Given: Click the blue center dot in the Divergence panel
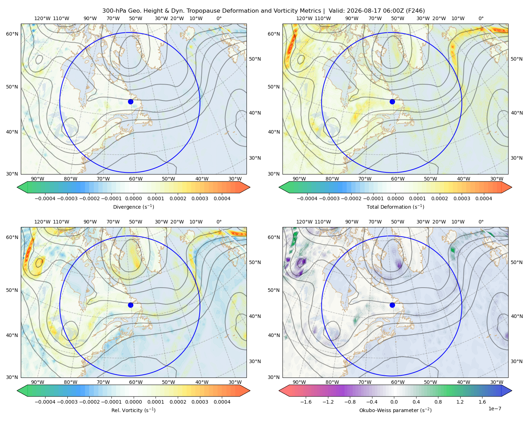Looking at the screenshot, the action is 130,102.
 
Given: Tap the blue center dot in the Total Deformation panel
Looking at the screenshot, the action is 392,102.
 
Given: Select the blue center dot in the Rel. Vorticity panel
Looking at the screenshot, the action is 130,305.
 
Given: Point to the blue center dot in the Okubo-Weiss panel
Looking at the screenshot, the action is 392,305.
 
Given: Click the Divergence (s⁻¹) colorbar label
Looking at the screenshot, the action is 133,207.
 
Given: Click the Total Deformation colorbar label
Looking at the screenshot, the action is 395,207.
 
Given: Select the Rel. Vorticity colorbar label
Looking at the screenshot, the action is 133,410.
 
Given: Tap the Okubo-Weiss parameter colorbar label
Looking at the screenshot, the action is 395,410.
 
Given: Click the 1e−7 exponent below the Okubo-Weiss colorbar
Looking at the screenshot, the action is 494,409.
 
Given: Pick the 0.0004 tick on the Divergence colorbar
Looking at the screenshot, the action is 222,198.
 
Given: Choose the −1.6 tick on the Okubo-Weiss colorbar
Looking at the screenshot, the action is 306,402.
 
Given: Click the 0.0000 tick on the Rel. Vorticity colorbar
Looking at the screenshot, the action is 133,402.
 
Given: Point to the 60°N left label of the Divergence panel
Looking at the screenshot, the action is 12,34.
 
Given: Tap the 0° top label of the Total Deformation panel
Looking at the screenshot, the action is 481,18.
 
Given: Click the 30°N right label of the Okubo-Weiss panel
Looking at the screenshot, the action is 516,361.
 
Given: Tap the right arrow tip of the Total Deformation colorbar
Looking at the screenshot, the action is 512,187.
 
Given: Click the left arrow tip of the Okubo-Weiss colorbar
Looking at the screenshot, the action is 279,391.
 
